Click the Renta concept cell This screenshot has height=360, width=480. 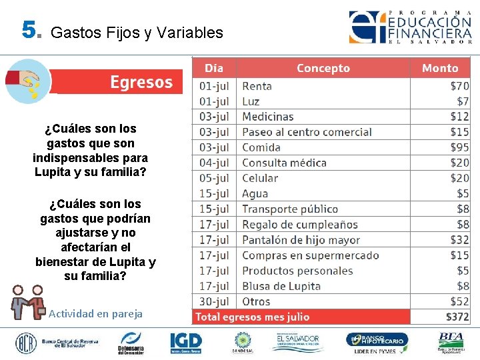tap(257, 86)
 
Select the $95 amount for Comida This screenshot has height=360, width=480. tap(459, 147)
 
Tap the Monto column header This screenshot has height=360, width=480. tap(440, 68)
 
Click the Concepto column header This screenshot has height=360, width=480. tap(323, 68)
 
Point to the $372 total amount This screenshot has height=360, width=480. tap(457, 317)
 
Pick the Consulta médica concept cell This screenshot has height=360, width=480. tap(284, 163)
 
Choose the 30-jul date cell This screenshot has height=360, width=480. tap(214, 301)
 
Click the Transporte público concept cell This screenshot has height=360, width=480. tap(289, 209)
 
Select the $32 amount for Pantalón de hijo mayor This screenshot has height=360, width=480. tap(459, 240)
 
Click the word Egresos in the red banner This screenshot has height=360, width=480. tap(141, 82)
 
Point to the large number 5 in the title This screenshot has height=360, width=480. tap(29, 30)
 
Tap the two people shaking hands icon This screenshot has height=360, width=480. tap(29, 303)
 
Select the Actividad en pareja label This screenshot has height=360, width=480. tap(95, 313)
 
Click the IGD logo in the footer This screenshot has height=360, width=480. tap(185, 342)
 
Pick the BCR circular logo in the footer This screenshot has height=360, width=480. tap(27, 343)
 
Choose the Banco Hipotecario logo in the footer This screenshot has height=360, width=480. tap(377, 343)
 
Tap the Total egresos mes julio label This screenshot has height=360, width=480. tap(252, 317)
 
